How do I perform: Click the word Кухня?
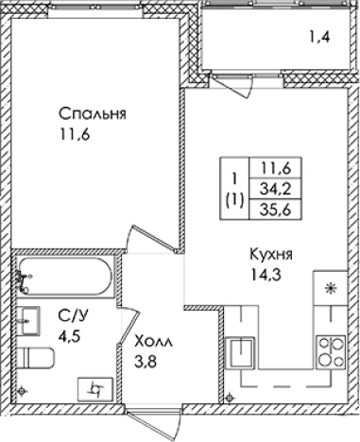pos(270,255)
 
